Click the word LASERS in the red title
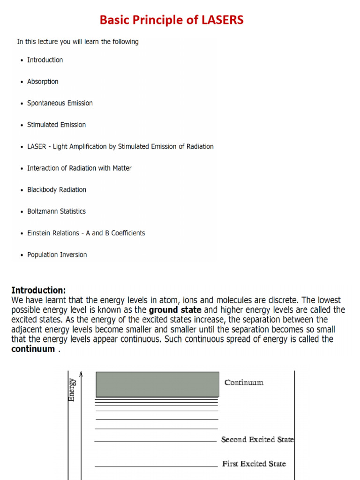click(x=220, y=21)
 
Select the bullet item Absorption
click(x=43, y=82)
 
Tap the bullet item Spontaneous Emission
click(x=60, y=103)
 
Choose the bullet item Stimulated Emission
click(x=56, y=125)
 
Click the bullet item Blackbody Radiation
click(x=57, y=190)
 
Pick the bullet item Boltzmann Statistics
click(x=56, y=211)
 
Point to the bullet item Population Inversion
click(x=57, y=255)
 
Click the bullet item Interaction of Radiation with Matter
click(x=79, y=168)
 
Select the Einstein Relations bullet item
click(x=86, y=233)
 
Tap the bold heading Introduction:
click(x=38, y=290)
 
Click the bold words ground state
click(x=175, y=310)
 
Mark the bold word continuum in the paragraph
click(x=33, y=349)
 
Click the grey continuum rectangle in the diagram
click(x=157, y=384)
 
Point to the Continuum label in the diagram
click(x=244, y=382)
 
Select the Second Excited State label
click(x=257, y=440)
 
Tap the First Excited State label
click(x=254, y=464)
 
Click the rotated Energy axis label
click(x=72, y=390)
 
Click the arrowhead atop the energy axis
click(x=81, y=374)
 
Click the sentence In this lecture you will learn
click(x=78, y=42)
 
